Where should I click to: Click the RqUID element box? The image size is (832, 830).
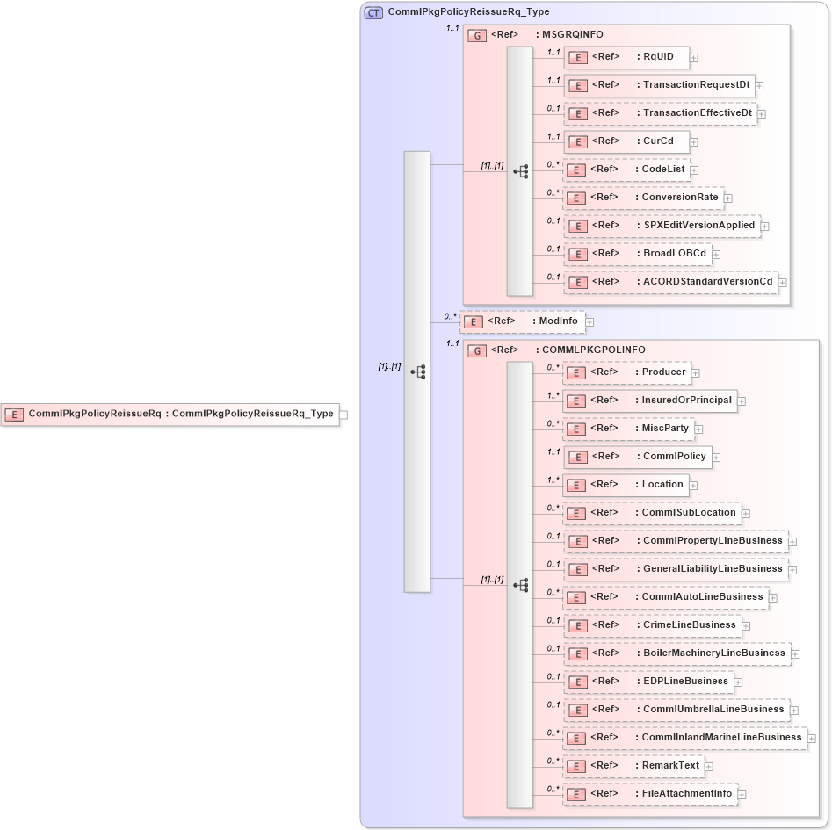click(x=626, y=57)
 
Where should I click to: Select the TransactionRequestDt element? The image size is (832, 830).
click(x=659, y=85)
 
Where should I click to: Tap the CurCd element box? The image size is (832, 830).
click(x=626, y=141)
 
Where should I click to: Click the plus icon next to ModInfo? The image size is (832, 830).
click(x=590, y=322)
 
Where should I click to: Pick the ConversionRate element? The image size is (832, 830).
click(x=643, y=198)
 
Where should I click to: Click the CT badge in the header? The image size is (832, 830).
click(x=373, y=13)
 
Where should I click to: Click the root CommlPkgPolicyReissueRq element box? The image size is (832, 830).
click(x=170, y=414)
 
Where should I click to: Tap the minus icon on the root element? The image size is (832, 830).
click(x=344, y=415)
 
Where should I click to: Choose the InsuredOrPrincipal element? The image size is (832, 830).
click(x=649, y=401)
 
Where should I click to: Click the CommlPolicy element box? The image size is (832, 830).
click(x=636, y=457)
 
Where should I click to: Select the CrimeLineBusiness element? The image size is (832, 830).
click(x=652, y=625)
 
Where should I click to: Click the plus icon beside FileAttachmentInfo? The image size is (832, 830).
click(x=742, y=795)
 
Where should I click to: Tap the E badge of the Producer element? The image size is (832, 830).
click(x=576, y=373)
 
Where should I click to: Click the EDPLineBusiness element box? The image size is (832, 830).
click(x=648, y=682)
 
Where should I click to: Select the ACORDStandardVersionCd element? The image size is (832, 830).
click(x=671, y=282)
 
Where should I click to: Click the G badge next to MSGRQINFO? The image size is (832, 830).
click(x=477, y=36)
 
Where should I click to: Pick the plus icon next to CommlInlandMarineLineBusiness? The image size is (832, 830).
click(x=812, y=739)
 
